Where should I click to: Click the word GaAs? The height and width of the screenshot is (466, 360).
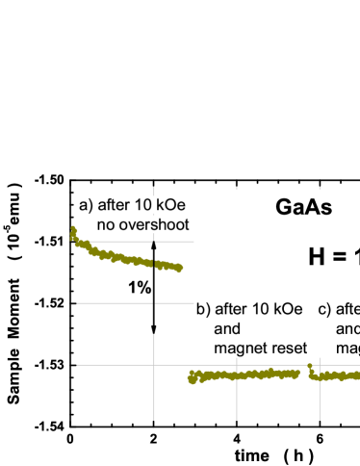pyautogui.click(x=303, y=207)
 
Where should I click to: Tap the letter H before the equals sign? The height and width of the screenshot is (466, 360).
pyautogui.click(x=318, y=257)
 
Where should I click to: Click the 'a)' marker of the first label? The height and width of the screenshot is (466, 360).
pyautogui.click(x=86, y=205)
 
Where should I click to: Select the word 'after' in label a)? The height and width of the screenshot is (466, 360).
pyautogui.click(x=114, y=205)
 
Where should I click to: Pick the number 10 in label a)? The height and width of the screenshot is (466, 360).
pyautogui.click(x=142, y=205)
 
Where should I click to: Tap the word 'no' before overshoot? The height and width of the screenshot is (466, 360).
pyautogui.click(x=105, y=224)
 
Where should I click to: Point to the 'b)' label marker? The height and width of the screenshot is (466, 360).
pyautogui.click(x=203, y=309)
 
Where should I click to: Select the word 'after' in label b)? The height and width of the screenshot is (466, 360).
pyautogui.click(x=231, y=309)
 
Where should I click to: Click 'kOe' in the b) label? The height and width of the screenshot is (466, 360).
pyautogui.click(x=288, y=309)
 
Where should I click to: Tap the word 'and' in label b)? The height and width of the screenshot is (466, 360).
pyautogui.click(x=227, y=328)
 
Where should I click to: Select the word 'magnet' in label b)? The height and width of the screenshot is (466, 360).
pyautogui.click(x=240, y=348)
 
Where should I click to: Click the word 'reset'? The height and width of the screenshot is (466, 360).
pyautogui.click(x=288, y=348)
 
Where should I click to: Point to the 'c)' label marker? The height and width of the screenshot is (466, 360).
pyautogui.click(x=324, y=309)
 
